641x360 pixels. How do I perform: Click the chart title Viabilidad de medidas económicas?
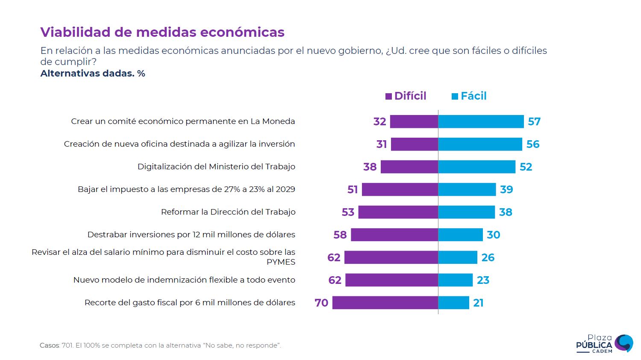click(162, 32)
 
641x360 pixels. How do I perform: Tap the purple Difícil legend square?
click(388, 97)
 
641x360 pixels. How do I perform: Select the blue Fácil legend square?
click(455, 97)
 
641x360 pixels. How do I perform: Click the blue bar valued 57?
click(481, 121)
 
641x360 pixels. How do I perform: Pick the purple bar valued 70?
click(385, 303)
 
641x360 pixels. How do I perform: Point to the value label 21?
click(478, 303)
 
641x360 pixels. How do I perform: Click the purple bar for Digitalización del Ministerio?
click(409, 167)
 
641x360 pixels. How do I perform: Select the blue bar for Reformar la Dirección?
click(466, 212)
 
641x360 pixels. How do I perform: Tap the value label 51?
click(353, 189)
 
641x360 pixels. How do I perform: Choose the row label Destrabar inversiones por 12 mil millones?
click(191, 235)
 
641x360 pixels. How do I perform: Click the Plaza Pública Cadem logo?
click(604, 344)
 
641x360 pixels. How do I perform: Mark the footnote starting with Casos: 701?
click(160, 345)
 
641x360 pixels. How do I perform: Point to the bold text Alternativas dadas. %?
click(93, 74)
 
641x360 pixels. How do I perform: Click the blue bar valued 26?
click(457, 257)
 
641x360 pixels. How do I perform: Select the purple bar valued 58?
click(394, 235)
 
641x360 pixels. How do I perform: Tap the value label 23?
click(483, 280)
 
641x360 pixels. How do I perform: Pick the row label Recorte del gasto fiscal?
click(190, 303)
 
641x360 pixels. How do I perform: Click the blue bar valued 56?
click(480, 144)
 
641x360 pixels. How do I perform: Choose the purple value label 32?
click(379, 121)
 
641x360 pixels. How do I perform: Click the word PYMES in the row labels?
click(281, 262)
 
